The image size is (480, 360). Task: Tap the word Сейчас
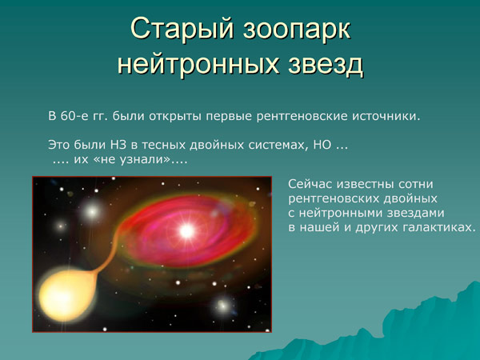[311, 185]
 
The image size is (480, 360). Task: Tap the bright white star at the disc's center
[186, 232]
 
